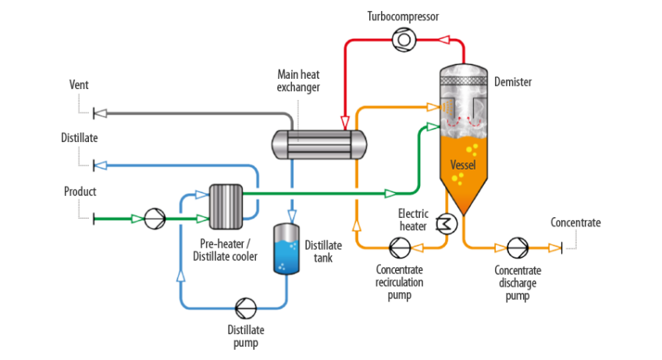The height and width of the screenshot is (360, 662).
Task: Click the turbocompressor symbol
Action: (404, 37)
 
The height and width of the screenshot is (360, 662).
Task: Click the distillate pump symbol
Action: (245, 306)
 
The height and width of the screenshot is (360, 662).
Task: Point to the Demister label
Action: (513, 81)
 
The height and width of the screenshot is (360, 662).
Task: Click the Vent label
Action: (80, 84)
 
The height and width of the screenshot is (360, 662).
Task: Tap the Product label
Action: (80, 191)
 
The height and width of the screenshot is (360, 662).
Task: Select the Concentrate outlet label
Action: (575, 223)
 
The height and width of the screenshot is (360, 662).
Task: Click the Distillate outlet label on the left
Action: (80, 137)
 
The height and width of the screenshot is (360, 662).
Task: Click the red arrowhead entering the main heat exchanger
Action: (345, 122)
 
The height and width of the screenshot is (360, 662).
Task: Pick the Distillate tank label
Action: (319, 250)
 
